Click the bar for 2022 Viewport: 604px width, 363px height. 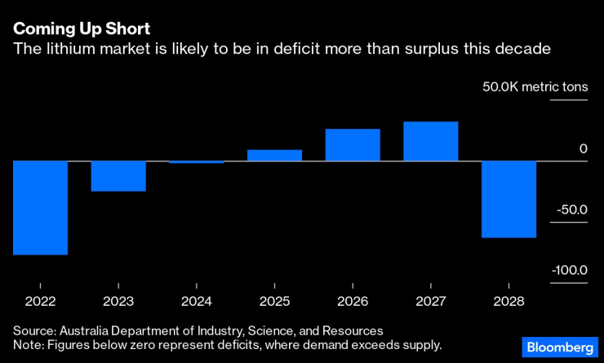point(40,208)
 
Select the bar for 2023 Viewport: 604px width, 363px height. point(118,176)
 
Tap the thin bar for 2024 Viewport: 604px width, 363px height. point(197,162)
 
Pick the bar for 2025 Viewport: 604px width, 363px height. point(274,155)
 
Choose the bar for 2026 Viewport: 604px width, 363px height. point(353,145)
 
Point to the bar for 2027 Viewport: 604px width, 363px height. point(431,141)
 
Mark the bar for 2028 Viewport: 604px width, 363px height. point(509,199)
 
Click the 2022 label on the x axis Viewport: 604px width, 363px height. point(40,301)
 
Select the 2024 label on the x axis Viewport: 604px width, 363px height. point(197,301)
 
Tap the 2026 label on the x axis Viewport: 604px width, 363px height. point(353,301)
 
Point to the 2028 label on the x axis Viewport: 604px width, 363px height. point(509,301)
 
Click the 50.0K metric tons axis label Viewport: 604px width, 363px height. point(535,87)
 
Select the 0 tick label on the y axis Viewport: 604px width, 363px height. point(583,148)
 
